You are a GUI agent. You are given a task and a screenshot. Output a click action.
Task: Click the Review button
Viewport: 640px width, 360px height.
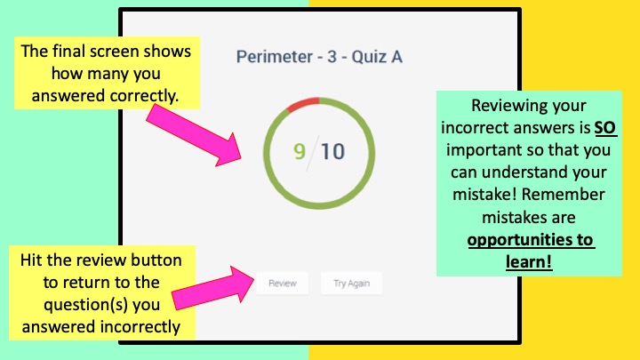[283, 284]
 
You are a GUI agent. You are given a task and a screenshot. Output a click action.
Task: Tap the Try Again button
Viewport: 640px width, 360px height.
[351, 284]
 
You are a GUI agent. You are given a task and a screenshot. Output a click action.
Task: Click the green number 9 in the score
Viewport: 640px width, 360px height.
[300, 152]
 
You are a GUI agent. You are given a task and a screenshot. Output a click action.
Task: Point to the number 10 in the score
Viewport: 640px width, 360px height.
[332, 152]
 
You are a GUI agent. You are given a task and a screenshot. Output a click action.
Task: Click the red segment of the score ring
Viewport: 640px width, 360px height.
[302, 103]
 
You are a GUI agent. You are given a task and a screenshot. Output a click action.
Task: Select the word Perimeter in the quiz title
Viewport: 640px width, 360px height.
[275, 57]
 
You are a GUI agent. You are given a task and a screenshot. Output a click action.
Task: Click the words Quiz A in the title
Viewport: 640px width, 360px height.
[377, 57]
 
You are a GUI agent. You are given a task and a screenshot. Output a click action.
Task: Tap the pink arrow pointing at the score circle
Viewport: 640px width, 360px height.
[194, 135]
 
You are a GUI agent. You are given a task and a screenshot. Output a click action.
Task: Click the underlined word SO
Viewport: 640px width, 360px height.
[605, 128]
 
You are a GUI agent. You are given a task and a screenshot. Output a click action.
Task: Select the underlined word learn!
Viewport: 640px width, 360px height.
[529, 261]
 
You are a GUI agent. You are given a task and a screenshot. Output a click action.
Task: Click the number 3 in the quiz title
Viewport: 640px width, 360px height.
[332, 57]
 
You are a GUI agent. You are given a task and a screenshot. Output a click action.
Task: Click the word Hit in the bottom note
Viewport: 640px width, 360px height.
[31, 260]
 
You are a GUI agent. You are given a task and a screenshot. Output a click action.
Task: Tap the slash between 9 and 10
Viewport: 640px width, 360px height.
[312, 153]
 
